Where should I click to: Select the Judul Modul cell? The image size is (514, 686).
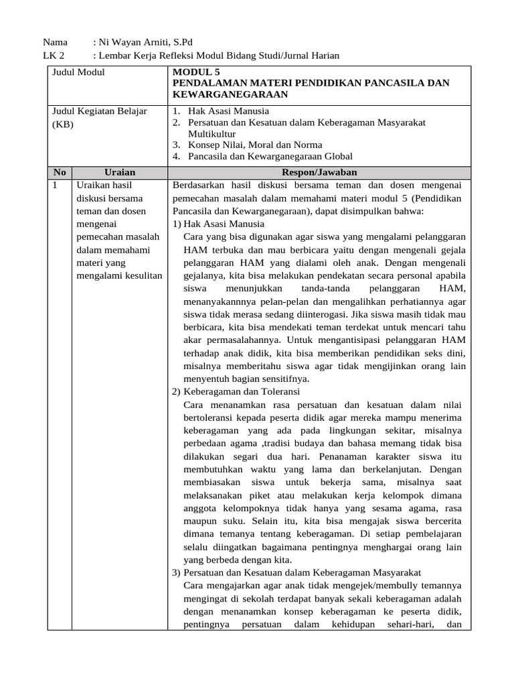click(78, 72)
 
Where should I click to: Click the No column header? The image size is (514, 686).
click(60, 172)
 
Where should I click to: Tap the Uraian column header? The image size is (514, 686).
click(120, 172)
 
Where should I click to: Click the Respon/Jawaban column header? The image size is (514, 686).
click(319, 172)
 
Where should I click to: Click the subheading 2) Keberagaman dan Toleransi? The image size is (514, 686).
click(236, 391)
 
